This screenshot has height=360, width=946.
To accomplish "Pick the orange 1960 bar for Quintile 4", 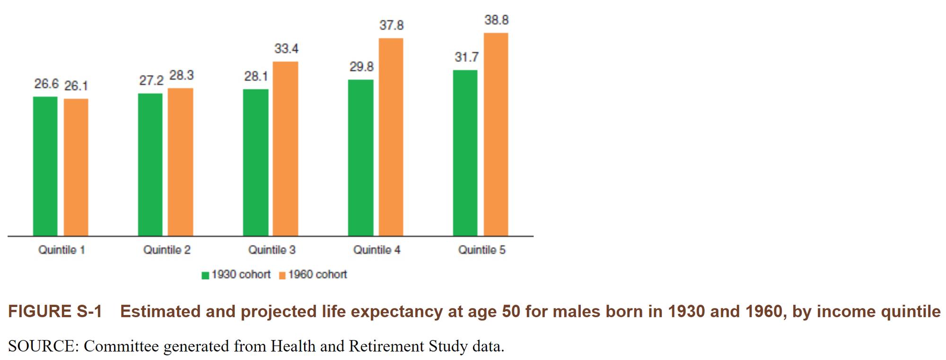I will pyautogui.click(x=391, y=137).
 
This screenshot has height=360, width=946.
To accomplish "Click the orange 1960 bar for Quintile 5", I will pyautogui.click(x=496, y=134).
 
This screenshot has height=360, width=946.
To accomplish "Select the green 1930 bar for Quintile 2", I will pyautogui.click(x=150, y=164).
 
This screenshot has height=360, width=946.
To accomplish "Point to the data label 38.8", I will pyautogui.click(x=496, y=20).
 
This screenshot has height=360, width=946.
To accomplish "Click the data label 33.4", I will pyautogui.click(x=286, y=49).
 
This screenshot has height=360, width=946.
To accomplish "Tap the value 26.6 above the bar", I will pyautogui.click(x=46, y=84).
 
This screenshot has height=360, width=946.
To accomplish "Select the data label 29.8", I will pyautogui.click(x=361, y=67).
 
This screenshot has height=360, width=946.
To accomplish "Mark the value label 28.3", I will pyautogui.click(x=182, y=76).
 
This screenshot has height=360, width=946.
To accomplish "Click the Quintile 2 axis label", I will pyautogui.click(x=167, y=250).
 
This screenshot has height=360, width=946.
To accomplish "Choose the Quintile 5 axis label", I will pyautogui.click(x=482, y=250).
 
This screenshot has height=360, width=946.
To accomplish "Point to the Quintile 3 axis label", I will pyautogui.click(x=272, y=250).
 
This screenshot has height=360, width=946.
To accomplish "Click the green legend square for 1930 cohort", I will pyautogui.click(x=205, y=275).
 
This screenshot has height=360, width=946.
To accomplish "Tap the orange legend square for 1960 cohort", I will pyautogui.click(x=282, y=275).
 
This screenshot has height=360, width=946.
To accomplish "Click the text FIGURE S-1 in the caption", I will pyautogui.click(x=55, y=312).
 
